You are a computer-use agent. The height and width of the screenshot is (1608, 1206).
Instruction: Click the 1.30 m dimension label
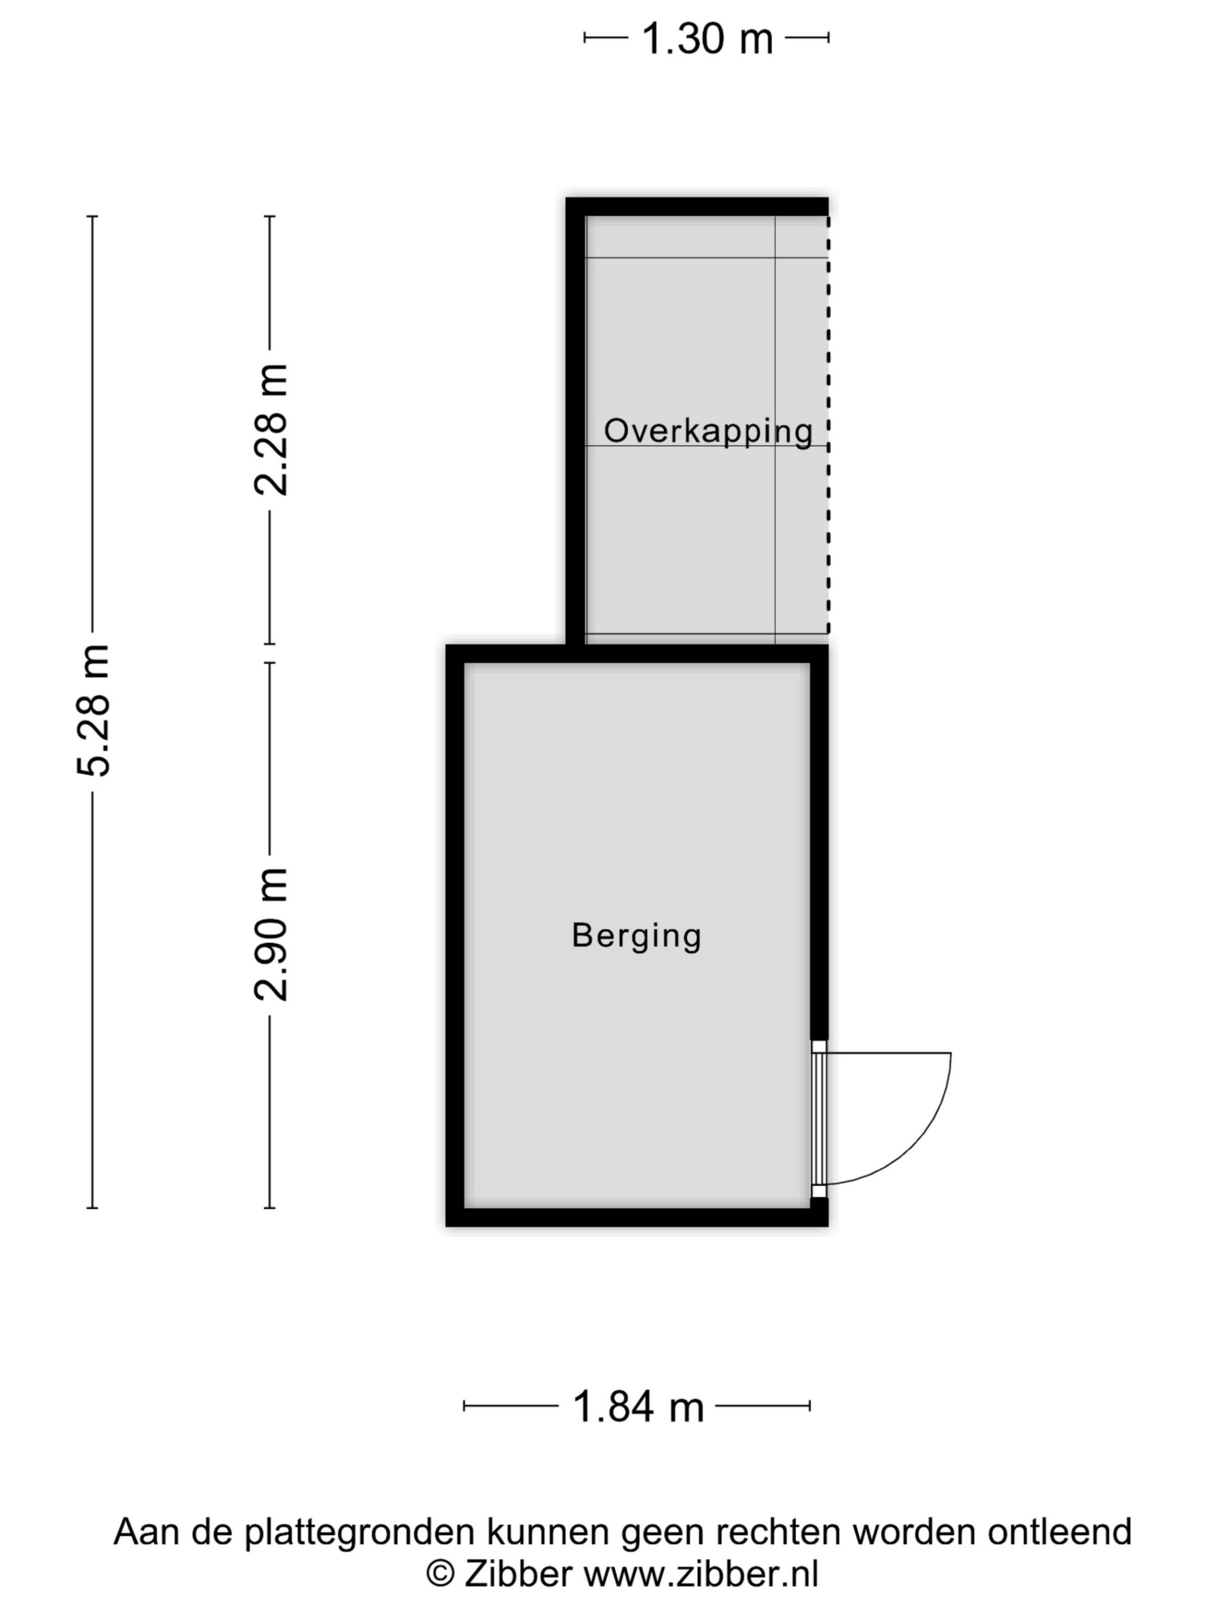707,39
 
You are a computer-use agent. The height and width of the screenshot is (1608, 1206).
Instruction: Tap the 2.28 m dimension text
270,430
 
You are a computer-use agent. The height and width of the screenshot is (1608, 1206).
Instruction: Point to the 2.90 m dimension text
270,934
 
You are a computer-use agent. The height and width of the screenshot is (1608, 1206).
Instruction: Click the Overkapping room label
708,431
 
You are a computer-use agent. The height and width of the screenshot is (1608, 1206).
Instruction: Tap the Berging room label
636,936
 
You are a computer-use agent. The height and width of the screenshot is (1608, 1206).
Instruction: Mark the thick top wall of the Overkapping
696,206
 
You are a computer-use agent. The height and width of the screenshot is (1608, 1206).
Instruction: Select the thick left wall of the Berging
455,935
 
